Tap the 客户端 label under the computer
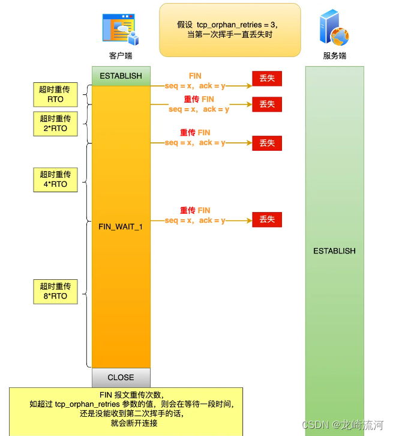click(121, 56)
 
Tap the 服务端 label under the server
click(334, 56)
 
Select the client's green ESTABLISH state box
click(121, 76)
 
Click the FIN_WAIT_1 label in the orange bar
click(121, 226)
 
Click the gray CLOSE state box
click(121, 377)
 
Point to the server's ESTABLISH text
click(334, 251)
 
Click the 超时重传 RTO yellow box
click(55, 94)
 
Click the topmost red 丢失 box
click(267, 79)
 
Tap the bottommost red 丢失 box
click(267, 220)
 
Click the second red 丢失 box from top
click(267, 104)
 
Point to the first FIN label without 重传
click(195, 76)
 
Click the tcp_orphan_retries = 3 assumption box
click(229, 29)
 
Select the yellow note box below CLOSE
click(126, 411)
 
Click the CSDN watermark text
click(343, 425)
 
